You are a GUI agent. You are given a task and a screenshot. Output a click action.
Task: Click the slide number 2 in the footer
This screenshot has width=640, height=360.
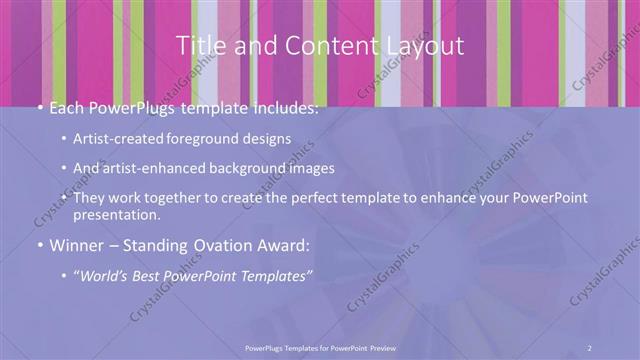(589, 347)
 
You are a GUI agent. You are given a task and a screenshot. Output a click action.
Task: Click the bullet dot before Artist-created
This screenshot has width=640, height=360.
(65, 140)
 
